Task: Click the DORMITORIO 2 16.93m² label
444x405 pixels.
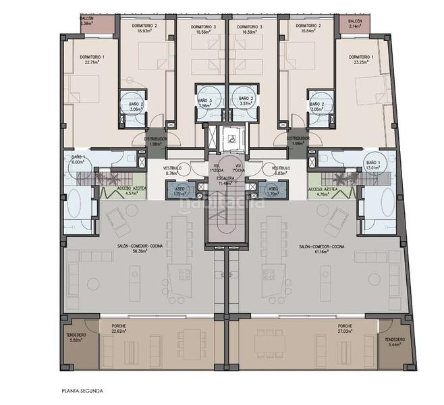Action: [x=146, y=28]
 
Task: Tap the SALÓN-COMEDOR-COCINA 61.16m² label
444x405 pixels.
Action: [x=322, y=250]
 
